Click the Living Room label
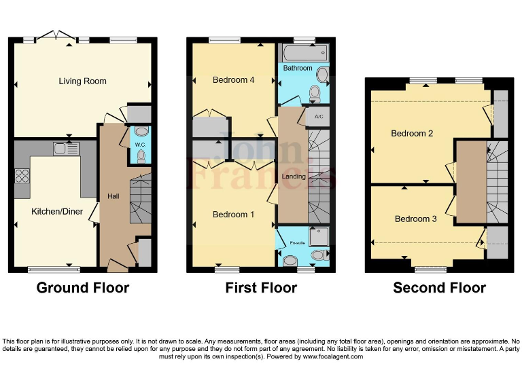pos(82,81)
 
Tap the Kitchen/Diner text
pos(57,212)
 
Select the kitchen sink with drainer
pos(67,148)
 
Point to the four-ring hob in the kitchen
pos(22,176)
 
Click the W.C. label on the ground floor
pos(140,144)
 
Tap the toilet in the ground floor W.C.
pos(141,157)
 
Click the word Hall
pos(114,197)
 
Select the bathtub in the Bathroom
pos(303,53)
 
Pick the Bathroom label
pos(298,69)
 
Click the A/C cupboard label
pos(319,116)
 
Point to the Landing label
pos(294,176)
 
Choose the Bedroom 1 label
pos(233,215)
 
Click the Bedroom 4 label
pos(233,80)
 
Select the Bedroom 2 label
pos(412,134)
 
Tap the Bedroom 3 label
pos(415,219)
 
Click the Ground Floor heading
pos(82,288)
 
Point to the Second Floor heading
pos(439,288)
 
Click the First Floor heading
pos(261,288)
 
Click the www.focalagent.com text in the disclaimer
pos(332,356)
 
